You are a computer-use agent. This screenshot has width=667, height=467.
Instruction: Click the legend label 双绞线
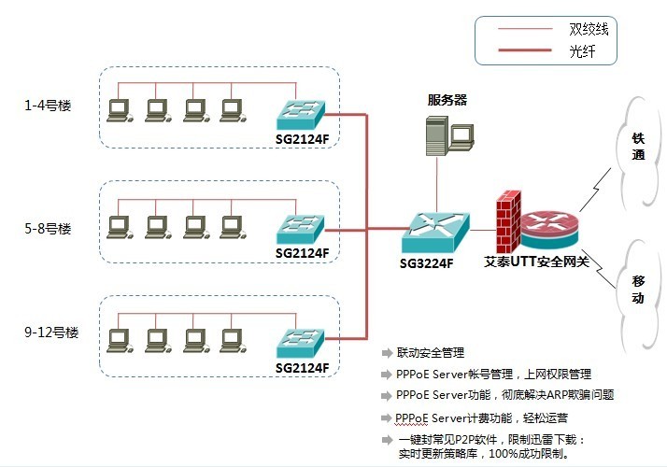click(x=589, y=28)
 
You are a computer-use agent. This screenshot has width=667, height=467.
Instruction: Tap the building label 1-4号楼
click(x=50, y=105)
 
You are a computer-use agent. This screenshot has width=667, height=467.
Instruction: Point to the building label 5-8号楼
click(x=50, y=227)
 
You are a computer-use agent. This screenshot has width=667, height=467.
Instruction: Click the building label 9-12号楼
click(x=52, y=333)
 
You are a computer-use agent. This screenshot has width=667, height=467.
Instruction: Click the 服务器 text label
click(x=447, y=100)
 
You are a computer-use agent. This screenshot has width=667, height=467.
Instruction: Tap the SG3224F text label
click(x=427, y=263)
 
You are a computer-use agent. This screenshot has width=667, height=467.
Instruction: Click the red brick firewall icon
click(x=508, y=222)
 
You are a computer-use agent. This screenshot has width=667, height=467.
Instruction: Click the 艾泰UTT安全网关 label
click(x=537, y=262)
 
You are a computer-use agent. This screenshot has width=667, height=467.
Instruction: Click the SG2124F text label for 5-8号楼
click(x=303, y=253)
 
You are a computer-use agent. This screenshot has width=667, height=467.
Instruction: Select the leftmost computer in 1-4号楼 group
click(x=119, y=111)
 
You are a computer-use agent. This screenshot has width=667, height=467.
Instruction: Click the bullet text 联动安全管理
click(x=431, y=353)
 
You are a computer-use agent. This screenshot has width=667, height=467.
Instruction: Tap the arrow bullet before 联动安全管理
click(x=387, y=354)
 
